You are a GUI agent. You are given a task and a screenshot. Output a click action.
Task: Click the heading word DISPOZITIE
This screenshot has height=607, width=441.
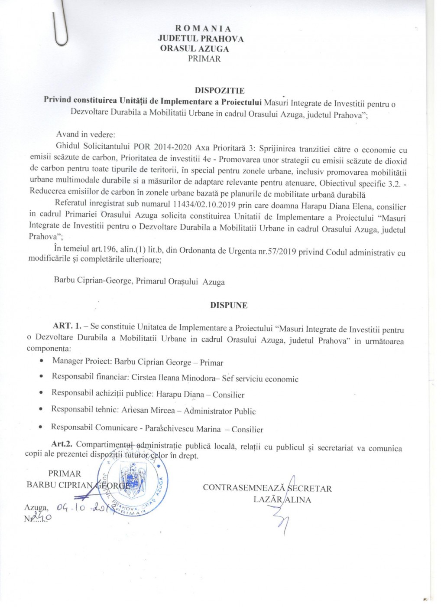[x=220, y=91]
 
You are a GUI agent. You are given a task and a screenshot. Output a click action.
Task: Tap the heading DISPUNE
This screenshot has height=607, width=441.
[x=229, y=305]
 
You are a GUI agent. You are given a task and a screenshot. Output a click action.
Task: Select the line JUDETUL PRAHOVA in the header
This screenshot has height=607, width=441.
[x=201, y=39]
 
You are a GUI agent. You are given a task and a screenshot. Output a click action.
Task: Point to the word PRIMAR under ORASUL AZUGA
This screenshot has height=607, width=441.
[x=204, y=59]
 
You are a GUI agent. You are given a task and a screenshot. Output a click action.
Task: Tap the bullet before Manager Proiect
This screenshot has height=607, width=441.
[x=41, y=361]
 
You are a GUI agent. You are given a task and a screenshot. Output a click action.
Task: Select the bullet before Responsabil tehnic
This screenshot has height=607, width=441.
[x=41, y=409]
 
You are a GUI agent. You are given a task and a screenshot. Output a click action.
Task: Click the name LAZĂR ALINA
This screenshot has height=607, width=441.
[x=282, y=499]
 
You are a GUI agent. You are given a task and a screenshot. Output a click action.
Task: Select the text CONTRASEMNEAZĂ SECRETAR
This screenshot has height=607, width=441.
[x=267, y=488]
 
